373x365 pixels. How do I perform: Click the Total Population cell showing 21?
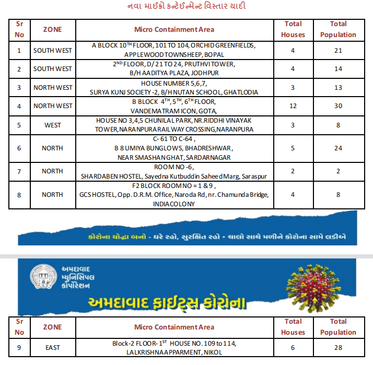(x=338, y=51)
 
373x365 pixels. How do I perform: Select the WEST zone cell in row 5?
(x=52, y=125)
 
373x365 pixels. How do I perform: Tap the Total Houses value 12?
(x=293, y=106)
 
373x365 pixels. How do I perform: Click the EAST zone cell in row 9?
(x=52, y=348)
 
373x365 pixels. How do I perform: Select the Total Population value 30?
(x=338, y=106)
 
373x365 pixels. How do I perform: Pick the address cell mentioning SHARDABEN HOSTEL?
(x=174, y=171)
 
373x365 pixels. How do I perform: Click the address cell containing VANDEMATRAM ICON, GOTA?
(x=174, y=106)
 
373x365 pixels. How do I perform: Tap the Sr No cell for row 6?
(x=19, y=148)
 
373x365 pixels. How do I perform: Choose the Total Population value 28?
(x=338, y=348)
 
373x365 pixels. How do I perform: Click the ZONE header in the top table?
(x=52, y=29)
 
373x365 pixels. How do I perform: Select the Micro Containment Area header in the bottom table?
(x=174, y=327)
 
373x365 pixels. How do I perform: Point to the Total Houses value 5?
(x=293, y=148)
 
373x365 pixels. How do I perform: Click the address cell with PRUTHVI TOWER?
(x=174, y=68)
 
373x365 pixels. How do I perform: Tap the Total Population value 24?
(x=338, y=148)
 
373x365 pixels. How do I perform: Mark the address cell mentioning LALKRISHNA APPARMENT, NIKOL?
(x=174, y=348)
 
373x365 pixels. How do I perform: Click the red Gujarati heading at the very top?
(x=186, y=6)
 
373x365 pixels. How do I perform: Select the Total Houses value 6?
(x=293, y=348)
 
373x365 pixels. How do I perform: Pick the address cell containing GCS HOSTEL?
(x=174, y=195)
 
